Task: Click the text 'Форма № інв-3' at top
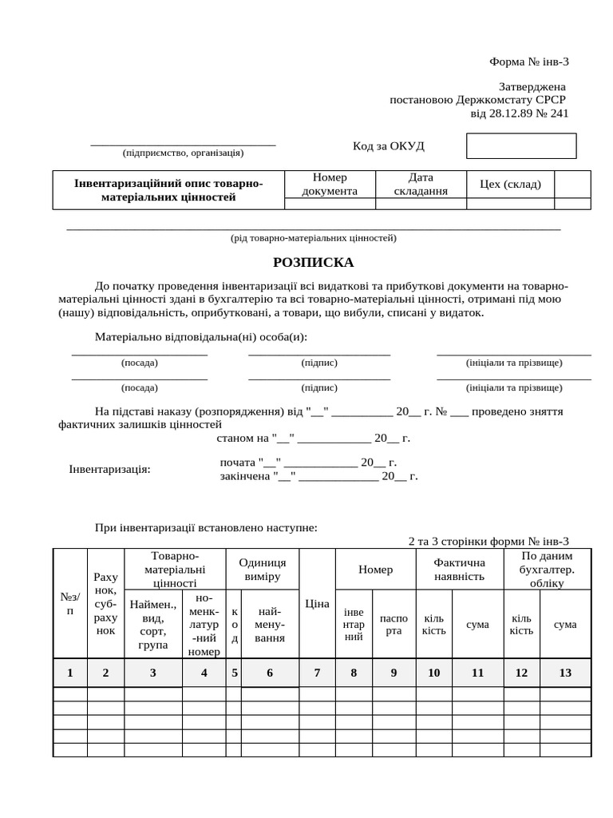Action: [x=528, y=62]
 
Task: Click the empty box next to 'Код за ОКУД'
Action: [x=520, y=146]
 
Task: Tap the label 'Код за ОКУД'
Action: [x=389, y=146]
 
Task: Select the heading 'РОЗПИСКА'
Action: [x=313, y=263]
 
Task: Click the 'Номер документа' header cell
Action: [x=330, y=184]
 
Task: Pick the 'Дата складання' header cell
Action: [x=421, y=184]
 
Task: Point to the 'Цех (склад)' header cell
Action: [x=510, y=184]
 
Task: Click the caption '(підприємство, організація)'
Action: [x=183, y=153]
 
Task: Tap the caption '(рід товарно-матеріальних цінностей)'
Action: [x=313, y=238]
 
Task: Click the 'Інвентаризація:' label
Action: [x=110, y=469]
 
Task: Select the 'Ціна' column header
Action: [x=317, y=604]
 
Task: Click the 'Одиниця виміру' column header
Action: [x=263, y=569]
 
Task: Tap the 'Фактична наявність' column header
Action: [x=460, y=569]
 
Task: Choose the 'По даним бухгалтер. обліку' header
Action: [x=547, y=569]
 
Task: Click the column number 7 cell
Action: [x=317, y=673]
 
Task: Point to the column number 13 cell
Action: [x=565, y=673]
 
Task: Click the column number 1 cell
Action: [x=70, y=673]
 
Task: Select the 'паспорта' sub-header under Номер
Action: [x=394, y=625]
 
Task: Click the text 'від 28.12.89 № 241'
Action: [x=520, y=113]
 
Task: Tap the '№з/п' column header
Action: [x=70, y=604]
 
